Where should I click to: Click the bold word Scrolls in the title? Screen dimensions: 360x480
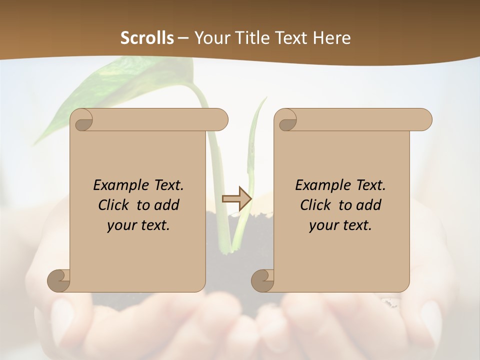(147, 38)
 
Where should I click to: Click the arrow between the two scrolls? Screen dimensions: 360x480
(236, 198)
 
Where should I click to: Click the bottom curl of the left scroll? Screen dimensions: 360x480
(58, 280)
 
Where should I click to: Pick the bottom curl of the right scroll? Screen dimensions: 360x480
(262, 280)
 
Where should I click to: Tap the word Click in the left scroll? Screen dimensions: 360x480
(113, 205)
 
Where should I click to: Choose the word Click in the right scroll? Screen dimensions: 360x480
(315, 205)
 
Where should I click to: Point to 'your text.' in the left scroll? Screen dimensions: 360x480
(138, 225)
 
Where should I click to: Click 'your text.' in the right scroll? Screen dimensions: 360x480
(340, 225)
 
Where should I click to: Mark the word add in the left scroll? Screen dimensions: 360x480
(166, 205)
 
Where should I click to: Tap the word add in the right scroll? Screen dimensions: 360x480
(368, 205)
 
